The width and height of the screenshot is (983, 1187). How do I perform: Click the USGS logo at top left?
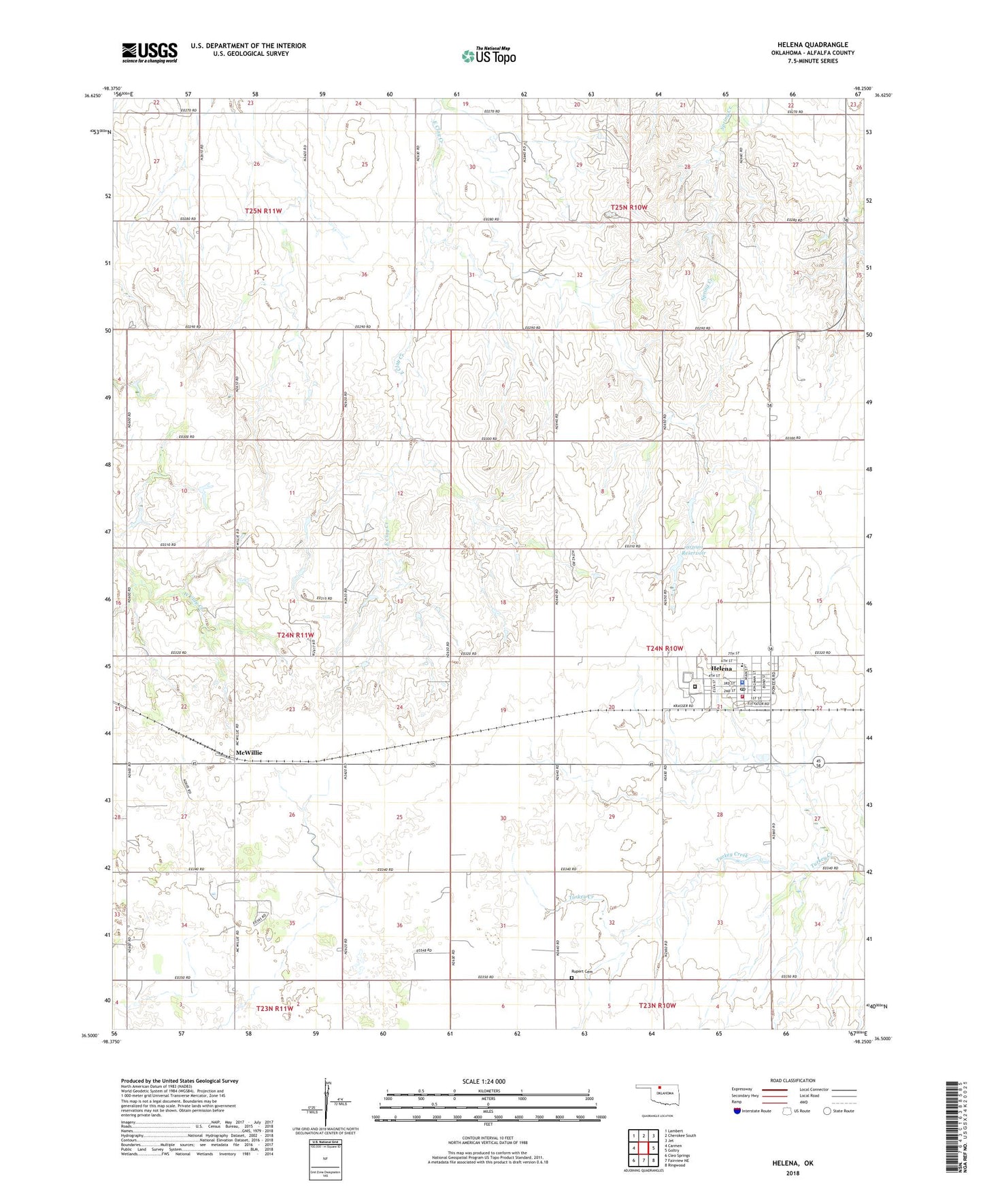tap(150, 52)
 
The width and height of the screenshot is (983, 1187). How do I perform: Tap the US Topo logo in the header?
tap(488, 56)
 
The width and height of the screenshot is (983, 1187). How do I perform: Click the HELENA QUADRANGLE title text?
tap(812, 44)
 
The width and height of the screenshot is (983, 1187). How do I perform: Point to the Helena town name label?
tap(721, 668)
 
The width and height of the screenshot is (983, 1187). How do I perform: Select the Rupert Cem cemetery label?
tap(582, 971)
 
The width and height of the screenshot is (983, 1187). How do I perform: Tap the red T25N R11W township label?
tap(263, 211)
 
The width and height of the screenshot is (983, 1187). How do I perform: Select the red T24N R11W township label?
tap(296, 635)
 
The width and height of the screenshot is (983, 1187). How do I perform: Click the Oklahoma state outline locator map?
tap(656, 1094)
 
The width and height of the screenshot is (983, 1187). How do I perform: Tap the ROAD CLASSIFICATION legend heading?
tap(793, 1080)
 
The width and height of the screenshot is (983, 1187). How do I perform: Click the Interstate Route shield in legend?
tap(737, 1112)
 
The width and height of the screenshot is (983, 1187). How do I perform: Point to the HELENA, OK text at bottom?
tap(793, 1163)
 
